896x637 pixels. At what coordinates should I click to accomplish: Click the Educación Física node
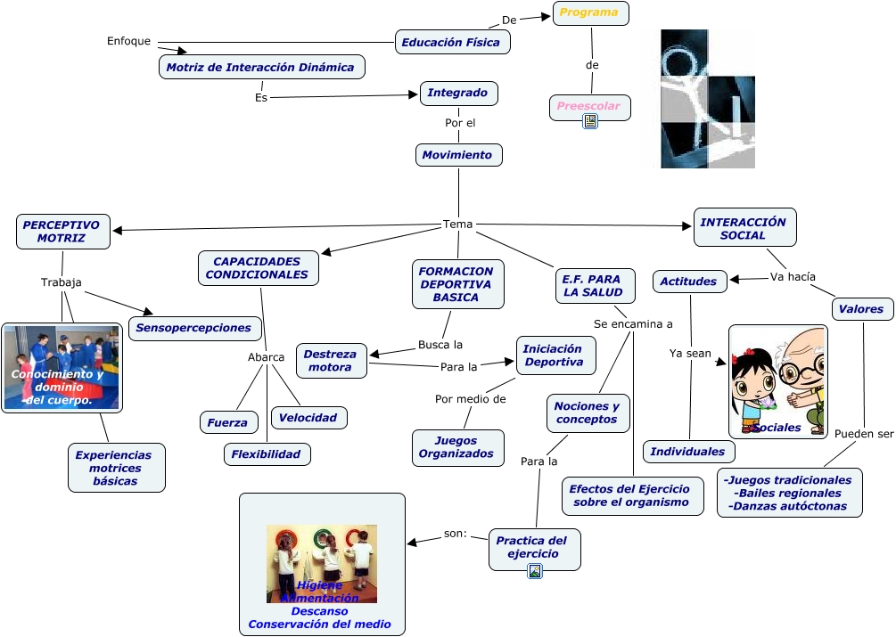[x=452, y=42]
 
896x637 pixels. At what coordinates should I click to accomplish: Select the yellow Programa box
[x=590, y=13]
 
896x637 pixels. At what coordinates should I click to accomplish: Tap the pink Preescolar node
[x=589, y=107]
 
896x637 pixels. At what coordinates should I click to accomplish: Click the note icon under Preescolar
[x=589, y=121]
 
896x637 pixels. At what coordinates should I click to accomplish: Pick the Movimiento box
[x=458, y=155]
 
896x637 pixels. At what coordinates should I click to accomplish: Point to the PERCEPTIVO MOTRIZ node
[x=62, y=232]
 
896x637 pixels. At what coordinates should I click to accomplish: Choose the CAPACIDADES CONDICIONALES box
[x=258, y=268]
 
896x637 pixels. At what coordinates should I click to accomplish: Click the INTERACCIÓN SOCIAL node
[x=744, y=228]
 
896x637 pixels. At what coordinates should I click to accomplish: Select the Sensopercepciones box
[x=193, y=328]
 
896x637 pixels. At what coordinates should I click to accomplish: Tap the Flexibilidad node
[x=267, y=454]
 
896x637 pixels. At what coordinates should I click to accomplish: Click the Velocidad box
[x=308, y=417]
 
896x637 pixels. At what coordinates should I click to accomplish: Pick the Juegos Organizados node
[x=456, y=447]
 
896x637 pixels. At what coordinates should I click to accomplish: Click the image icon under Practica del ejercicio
[x=535, y=571]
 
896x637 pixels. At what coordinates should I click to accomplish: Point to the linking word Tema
[x=458, y=224]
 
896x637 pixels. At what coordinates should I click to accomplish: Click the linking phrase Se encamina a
[x=633, y=323]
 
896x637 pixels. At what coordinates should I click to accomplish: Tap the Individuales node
[x=688, y=452]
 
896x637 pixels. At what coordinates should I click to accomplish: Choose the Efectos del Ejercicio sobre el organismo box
[x=629, y=495]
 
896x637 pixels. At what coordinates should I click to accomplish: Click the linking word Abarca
[x=266, y=357]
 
